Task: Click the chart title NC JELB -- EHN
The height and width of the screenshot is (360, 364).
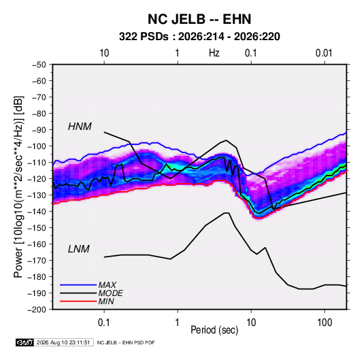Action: pyautogui.click(x=199, y=19)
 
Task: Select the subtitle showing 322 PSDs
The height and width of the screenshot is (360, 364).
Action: pyautogui.click(x=199, y=37)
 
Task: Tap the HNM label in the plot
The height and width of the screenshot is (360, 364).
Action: pyautogui.click(x=80, y=127)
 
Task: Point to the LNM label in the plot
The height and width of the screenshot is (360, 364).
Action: pyautogui.click(x=79, y=249)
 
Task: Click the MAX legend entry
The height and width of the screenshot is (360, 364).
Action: pyautogui.click(x=107, y=284)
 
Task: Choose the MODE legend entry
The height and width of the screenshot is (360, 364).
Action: pyautogui.click(x=110, y=293)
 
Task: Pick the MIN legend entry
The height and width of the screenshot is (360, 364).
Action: pyautogui.click(x=106, y=301)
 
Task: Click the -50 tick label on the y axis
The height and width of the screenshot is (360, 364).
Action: pyautogui.click(x=39, y=65)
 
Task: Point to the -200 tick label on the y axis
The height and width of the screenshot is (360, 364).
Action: pyautogui.click(x=37, y=310)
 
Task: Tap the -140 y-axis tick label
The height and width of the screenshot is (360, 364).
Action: pyautogui.click(x=37, y=212)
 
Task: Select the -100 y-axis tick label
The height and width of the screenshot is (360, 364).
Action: pyautogui.click(x=37, y=146)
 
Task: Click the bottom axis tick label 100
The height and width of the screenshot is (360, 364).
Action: pyautogui.click(x=325, y=323)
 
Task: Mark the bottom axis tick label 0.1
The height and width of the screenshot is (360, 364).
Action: pyautogui.click(x=104, y=323)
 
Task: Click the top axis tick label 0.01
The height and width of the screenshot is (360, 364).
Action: pyautogui.click(x=324, y=53)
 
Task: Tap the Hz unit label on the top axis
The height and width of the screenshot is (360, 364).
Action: pyautogui.click(x=214, y=53)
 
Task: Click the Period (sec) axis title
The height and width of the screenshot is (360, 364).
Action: pyautogui.click(x=214, y=330)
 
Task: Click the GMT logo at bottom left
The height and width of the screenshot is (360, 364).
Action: pyautogui.click(x=25, y=342)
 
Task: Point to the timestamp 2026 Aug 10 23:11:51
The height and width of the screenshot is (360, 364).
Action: pyautogui.click(x=63, y=342)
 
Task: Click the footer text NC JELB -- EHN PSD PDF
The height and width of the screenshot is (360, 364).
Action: pyautogui.click(x=126, y=342)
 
